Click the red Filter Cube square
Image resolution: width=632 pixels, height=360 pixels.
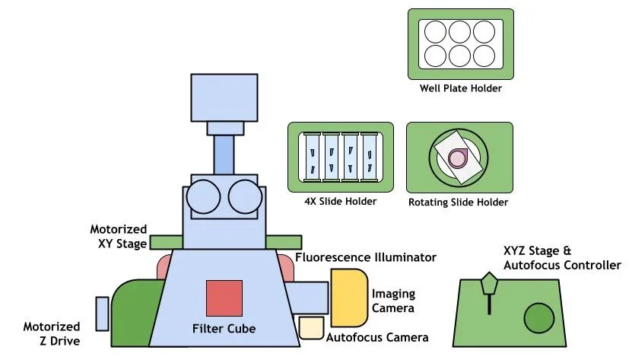pos(224,298)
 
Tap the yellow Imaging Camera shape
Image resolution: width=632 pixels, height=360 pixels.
pos(348,296)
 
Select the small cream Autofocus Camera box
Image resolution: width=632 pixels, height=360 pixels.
pos(312,327)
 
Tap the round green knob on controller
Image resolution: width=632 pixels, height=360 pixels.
pos(539,317)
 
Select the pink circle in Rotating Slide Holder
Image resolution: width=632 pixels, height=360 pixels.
pos(458,158)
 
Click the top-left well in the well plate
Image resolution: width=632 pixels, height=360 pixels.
pos(436,32)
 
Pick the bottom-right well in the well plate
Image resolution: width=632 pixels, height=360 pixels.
pos(484,54)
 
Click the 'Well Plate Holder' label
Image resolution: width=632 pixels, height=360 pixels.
pos(461,88)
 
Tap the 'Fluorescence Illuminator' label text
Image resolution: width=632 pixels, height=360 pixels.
pos(366,257)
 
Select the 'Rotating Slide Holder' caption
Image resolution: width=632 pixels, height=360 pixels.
pos(458,202)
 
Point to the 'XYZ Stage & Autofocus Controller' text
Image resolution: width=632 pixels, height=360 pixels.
pos(562,258)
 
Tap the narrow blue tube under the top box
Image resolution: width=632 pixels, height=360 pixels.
pos(224,153)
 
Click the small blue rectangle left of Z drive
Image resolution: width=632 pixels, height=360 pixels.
pos(103,314)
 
